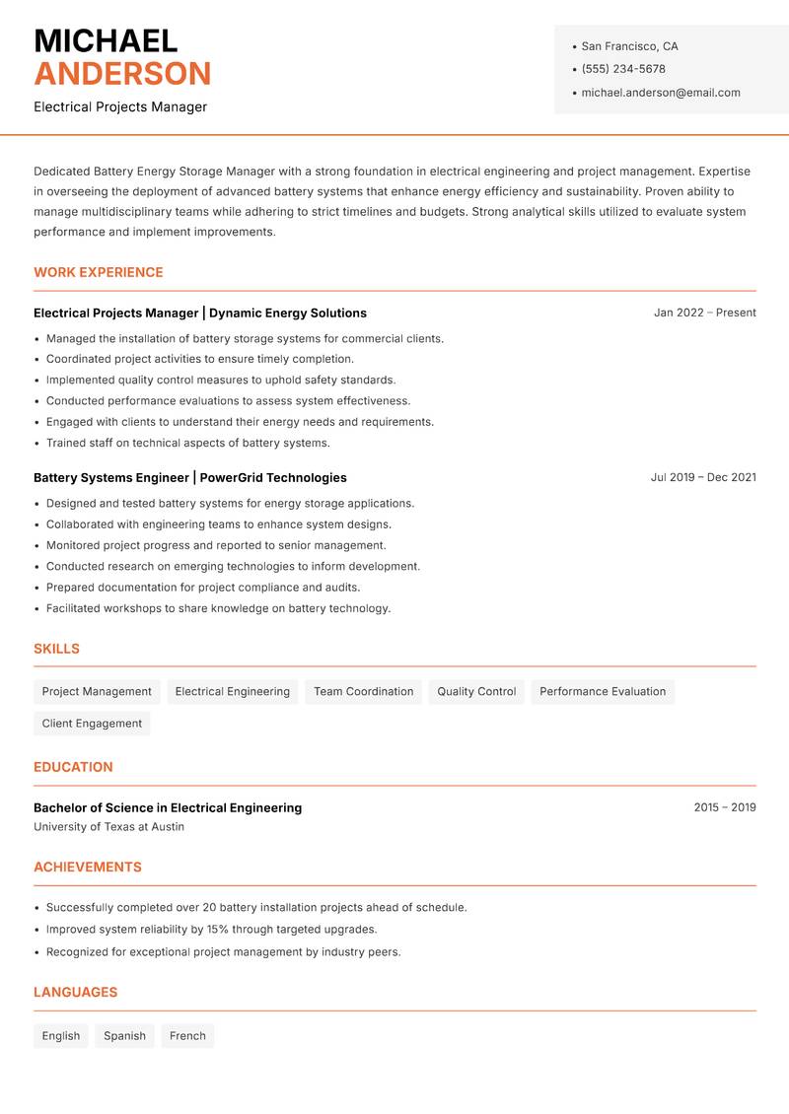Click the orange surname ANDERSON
tap(122, 74)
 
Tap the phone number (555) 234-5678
tap(623, 69)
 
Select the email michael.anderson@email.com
tap(661, 93)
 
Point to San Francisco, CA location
tap(629, 46)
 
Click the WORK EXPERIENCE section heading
tap(99, 272)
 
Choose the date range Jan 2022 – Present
tap(704, 313)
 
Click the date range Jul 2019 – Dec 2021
tap(703, 477)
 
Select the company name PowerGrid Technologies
tap(273, 477)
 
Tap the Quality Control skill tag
tap(476, 691)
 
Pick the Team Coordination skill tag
tap(364, 691)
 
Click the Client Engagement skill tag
tap(92, 723)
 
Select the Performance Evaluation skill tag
tap(603, 691)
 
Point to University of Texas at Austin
tap(108, 827)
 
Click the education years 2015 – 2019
tap(725, 807)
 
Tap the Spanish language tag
tap(124, 1035)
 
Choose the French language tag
tap(187, 1035)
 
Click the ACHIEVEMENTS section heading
tap(88, 867)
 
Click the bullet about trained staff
tap(188, 443)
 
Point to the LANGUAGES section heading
tap(75, 992)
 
